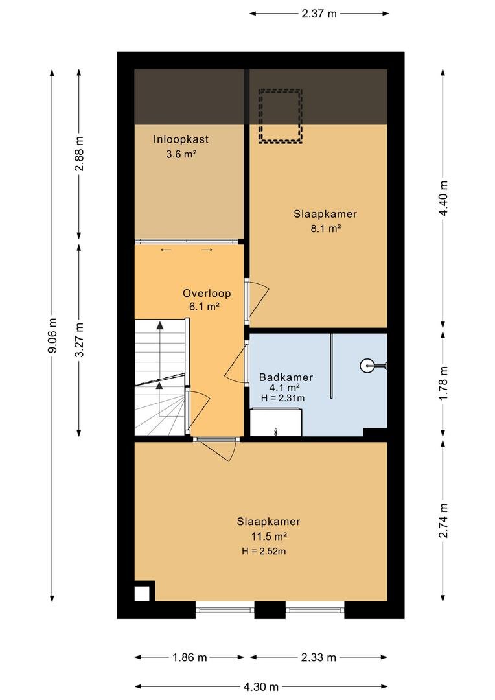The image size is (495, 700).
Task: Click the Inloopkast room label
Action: pos(181,139)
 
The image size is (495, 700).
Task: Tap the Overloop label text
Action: pos(207,294)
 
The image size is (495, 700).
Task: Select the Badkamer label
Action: pos(286,377)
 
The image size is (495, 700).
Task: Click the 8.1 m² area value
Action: pos(326,229)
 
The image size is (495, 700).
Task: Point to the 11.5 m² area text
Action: pos(269,536)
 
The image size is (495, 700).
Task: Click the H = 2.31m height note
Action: pos(283,398)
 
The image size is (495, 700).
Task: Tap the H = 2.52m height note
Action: pos(264,552)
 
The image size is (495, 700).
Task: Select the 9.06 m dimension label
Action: pos(52,335)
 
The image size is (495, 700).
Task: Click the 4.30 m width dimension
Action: pos(261,686)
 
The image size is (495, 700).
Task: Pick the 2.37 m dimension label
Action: pos(319,14)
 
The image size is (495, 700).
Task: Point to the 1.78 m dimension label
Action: pos(444,383)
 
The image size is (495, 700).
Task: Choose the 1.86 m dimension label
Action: pos(190,657)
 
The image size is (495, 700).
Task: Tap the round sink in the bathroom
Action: pos(367,366)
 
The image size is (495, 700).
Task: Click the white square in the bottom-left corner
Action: pos(143,594)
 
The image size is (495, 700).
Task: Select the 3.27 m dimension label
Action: pos(80,340)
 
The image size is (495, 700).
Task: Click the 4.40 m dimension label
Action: pos(444,198)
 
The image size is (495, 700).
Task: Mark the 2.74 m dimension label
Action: pos(444,520)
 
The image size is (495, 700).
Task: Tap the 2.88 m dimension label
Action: pos(80,154)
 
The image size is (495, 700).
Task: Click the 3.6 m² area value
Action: pos(181,154)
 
